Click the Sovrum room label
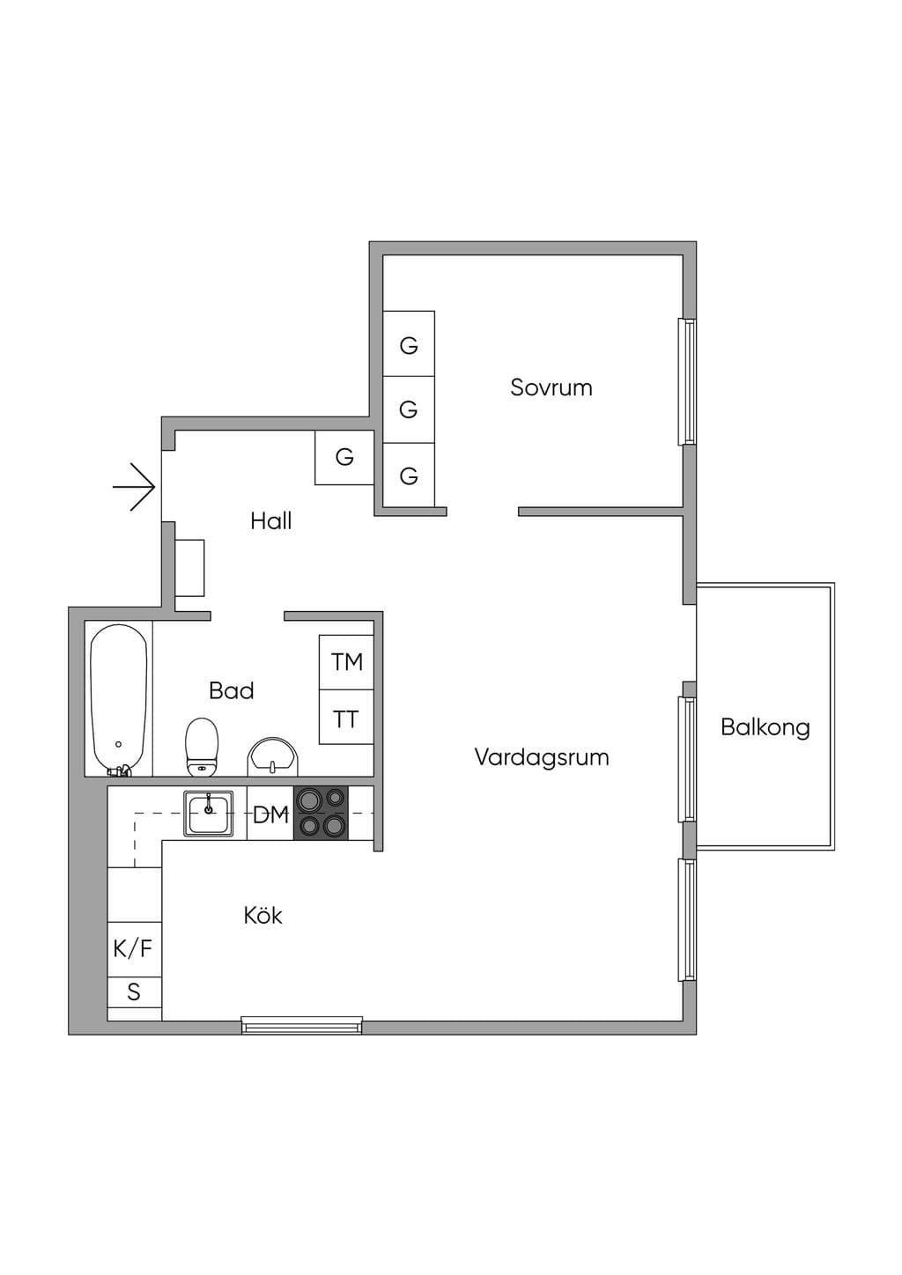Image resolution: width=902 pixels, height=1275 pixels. (x=551, y=387)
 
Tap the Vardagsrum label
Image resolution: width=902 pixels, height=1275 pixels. (x=542, y=757)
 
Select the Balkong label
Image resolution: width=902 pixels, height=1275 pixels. (x=765, y=727)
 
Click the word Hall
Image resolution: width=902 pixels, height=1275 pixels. (x=271, y=520)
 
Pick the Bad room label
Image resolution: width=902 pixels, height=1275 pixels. (x=231, y=690)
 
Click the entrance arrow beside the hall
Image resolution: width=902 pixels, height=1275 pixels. (x=135, y=487)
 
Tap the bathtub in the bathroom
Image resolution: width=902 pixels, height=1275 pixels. (x=118, y=700)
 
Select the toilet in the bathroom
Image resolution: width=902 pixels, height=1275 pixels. (x=202, y=747)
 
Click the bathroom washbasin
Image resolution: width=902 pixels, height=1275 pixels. (x=272, y=756)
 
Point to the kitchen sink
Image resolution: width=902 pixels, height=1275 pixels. (x=209, y=814)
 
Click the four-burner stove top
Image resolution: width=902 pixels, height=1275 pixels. (x=321, y=813)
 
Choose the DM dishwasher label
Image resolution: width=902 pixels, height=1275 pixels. (x=270, y=815)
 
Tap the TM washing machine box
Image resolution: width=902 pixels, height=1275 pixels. (x=346, y=662)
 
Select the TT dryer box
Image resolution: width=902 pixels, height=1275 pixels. (x=346, y=717)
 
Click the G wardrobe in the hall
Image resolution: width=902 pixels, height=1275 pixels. (x=344, y=458)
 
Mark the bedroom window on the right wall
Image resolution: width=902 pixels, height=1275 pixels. (x=687, y=382)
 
